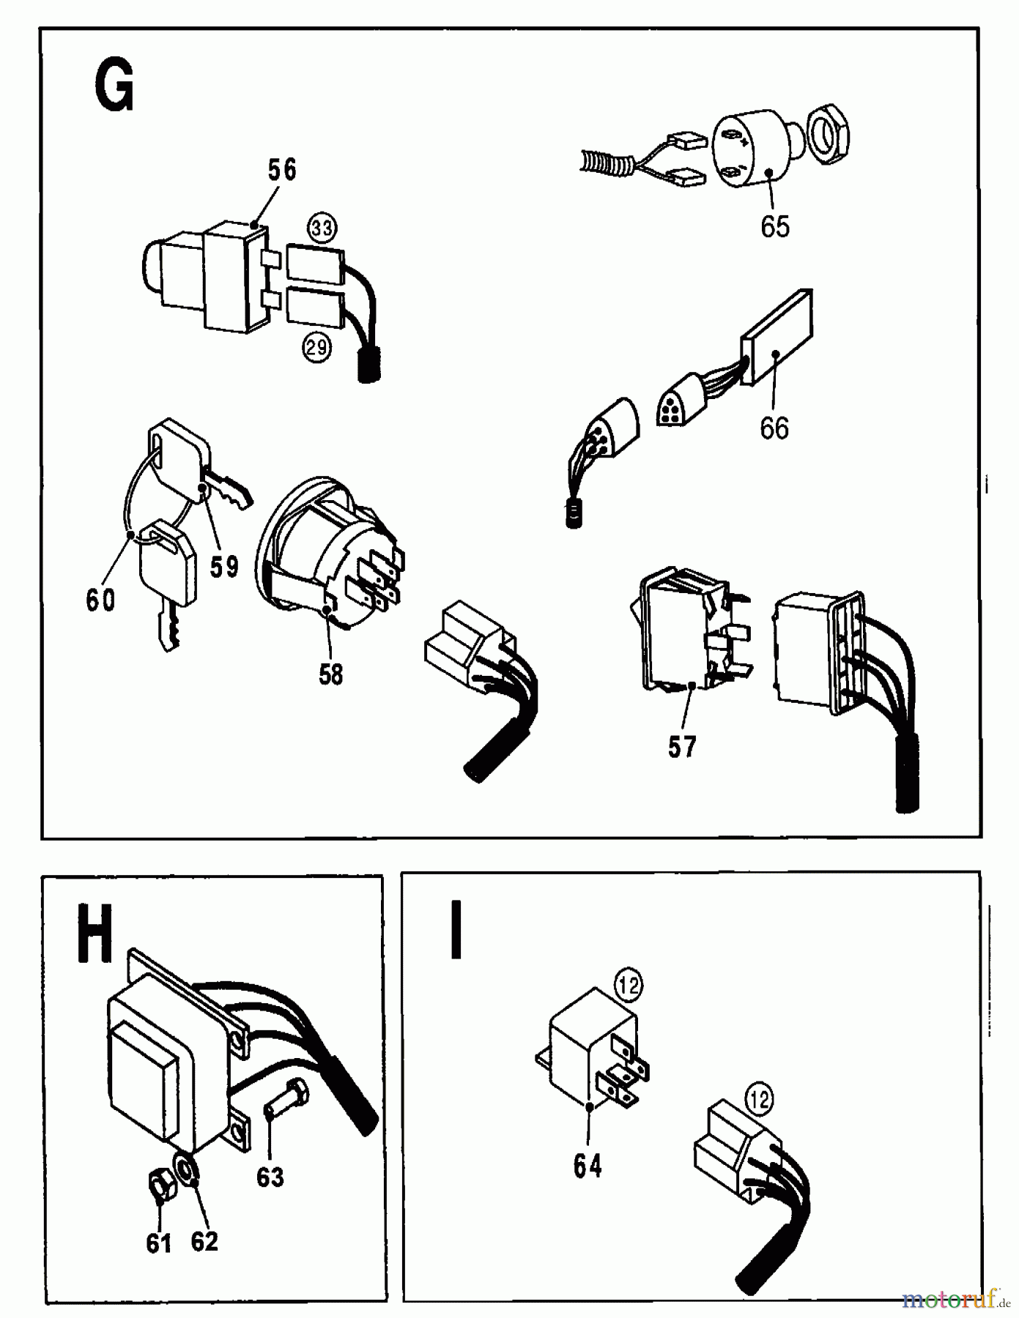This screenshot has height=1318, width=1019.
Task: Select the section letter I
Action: [x=456, y=931]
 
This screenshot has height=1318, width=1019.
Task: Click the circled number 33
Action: [x=322, y=228]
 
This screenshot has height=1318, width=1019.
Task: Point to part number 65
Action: [x=775, y=226]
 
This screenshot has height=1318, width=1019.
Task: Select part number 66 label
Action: [x=774, y=428]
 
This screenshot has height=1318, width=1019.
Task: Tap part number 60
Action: [x=100, y=600]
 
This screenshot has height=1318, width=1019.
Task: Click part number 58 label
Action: [x=330, y=674]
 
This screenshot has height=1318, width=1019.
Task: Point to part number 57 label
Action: [x=681, y=747]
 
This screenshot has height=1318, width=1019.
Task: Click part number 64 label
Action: [x=588, y=1166]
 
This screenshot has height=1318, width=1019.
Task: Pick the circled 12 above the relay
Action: [x=629, y=985]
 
